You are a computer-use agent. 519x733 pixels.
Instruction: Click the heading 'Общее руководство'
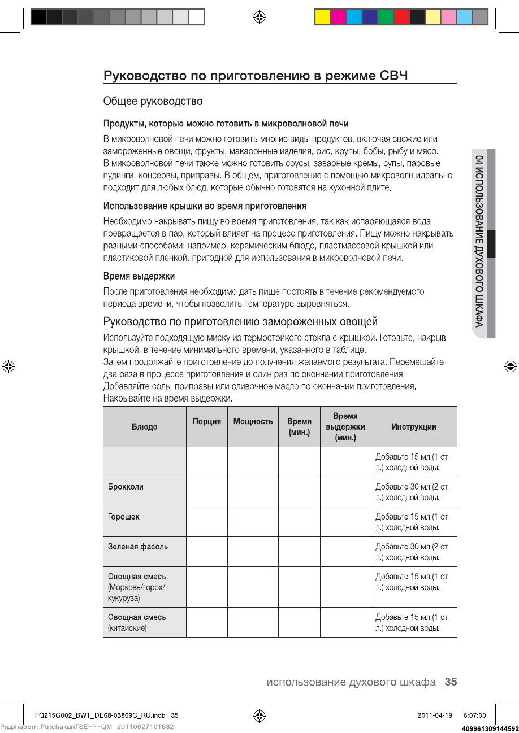[153, 102]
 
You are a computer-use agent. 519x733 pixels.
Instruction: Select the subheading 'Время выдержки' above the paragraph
[139, 276]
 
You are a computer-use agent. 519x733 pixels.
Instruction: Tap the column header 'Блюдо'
[145, 427]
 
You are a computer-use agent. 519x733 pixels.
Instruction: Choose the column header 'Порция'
[207, 421]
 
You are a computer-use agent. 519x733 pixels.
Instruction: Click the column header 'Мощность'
[253, 421]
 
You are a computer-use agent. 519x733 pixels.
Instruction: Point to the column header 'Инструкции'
[414, 427]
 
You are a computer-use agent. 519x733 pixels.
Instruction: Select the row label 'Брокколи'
[126, 487]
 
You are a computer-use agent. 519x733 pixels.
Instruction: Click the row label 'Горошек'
[124, 517]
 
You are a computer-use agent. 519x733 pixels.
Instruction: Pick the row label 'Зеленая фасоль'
[138, 547]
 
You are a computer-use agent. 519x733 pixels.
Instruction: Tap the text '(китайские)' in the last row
[127, 628]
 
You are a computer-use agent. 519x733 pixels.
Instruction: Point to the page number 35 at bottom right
[451, 682]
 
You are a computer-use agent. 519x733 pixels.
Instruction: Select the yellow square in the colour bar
[322, 18]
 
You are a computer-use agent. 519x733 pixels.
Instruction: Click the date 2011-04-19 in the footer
[435, 715]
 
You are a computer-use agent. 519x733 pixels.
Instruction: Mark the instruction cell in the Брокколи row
[414, 492]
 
